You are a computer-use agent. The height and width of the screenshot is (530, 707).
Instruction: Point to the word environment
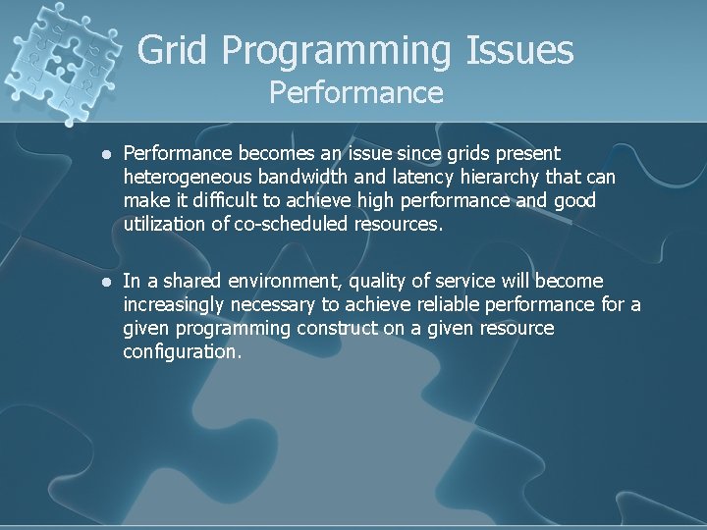coord(278,281)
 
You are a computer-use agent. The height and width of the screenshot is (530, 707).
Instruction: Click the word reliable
coord(428,304)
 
